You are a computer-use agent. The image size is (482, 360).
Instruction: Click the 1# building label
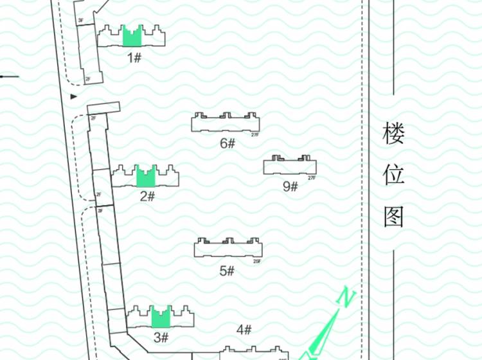tap(134, 58)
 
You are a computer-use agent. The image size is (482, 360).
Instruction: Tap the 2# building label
tap(147, 195)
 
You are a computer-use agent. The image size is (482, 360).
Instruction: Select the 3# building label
tap(161, 337)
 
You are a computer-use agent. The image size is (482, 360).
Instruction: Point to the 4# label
tap(244, 330)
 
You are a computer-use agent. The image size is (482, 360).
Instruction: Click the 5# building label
tap(227, 271)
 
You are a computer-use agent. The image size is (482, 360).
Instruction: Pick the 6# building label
tap(228, 143)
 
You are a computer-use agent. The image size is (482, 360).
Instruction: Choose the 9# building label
tap(290, 186)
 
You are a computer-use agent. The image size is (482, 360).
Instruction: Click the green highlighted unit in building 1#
tap(132, 37)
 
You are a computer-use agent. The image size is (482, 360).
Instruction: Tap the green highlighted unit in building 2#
tap(147, 177)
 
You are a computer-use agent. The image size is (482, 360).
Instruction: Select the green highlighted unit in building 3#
tap(161, 318)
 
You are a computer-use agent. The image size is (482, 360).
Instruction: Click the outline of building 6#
tap(226, 123)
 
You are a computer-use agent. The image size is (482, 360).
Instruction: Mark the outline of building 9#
tap(289, 166)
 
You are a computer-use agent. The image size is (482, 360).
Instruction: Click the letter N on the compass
tap(346, 298)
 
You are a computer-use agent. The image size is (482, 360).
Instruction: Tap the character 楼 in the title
tap(393, 135)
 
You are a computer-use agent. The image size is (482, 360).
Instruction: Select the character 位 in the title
tap(393, 175)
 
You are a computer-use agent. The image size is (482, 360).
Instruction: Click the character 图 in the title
tap(393, 217)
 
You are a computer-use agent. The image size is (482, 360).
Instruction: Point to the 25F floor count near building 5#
tap(256, 261)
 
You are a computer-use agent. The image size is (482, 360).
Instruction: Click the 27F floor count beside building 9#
tap(312, 177)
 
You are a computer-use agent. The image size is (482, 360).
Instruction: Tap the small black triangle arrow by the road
tap(74, 96)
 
